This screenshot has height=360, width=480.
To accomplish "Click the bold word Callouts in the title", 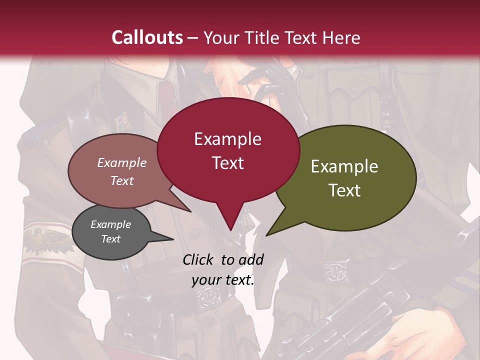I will click(147, 37).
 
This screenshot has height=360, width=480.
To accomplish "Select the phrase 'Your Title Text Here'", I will click(282, 37).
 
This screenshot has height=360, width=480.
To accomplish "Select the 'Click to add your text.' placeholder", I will click(223, 269).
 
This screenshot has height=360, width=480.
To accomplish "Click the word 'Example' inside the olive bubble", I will click(344, 166).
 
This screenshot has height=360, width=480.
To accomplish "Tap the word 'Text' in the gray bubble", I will click(111, 239).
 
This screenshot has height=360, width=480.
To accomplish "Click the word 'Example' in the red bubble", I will click(228, 139).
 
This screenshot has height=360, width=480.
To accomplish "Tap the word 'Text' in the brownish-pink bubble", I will click(122, 180).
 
